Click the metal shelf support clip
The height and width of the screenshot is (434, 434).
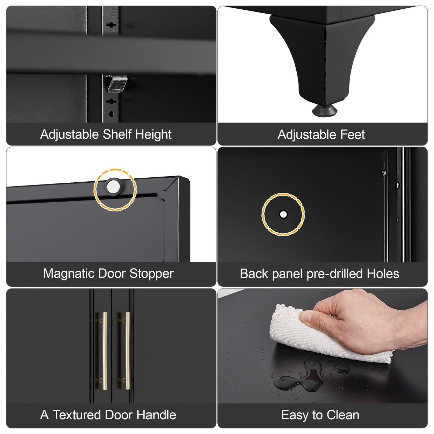pyautogui.click(x=117, y=84)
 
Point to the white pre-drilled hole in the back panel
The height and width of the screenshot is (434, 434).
pyautogui.click(x=283, y=214)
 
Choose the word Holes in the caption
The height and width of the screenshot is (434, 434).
pyautogui.click(x=383, y=273)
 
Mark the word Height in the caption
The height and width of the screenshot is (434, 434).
pyautogui.click(x=153, y=135)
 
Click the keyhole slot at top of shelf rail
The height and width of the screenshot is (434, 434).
pyautogui.click(x=111, y=25)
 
